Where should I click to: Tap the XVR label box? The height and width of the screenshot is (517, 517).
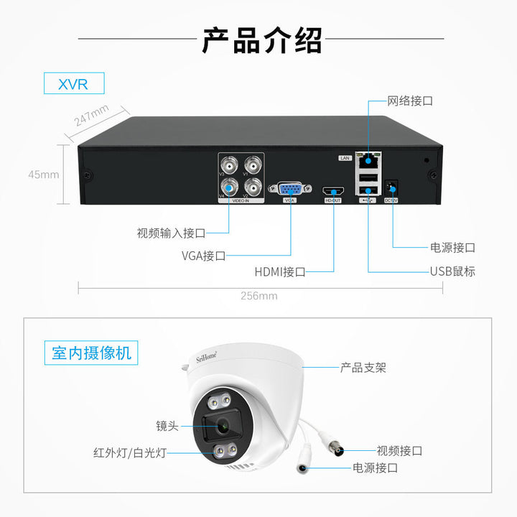tap(74, 83)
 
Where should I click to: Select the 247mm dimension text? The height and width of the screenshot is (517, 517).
tap(92, 116)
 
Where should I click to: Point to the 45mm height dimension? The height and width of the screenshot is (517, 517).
tap(44, 174)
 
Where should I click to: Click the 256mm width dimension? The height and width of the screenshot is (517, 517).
tap(258, 295)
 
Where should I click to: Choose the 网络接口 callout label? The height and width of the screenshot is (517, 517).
tap(410, 101)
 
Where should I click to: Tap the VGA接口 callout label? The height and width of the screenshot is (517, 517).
tap(204, 255)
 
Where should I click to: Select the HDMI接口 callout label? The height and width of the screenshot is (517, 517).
tap(280, 271)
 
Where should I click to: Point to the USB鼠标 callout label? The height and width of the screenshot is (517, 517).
tap(452, 271)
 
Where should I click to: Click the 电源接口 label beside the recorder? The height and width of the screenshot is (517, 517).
tap(452, 247)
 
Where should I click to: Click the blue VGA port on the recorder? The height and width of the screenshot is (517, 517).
tap(290, 189)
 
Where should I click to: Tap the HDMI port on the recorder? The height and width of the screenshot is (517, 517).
tap(333, 190)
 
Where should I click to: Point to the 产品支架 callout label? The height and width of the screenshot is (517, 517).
tap(363, 367)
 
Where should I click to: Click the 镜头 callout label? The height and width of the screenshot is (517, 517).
tap(167, 425)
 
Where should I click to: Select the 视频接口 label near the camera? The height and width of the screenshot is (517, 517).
tap(399, 451)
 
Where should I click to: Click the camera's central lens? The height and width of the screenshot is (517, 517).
tap(223, 425)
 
